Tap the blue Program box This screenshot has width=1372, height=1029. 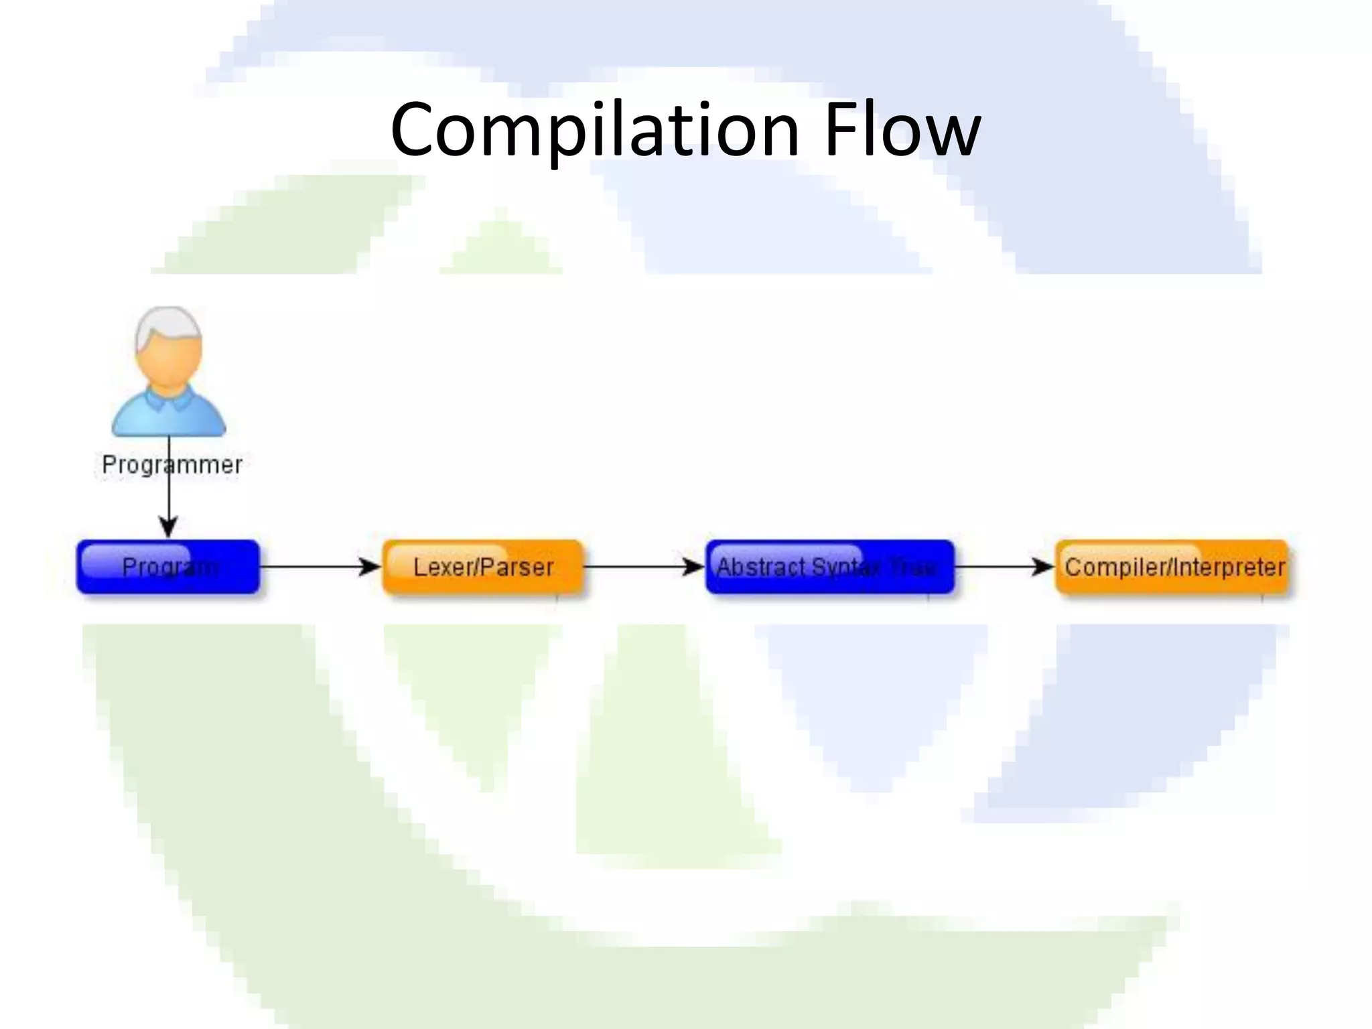168,567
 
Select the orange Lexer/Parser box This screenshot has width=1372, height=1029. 482,567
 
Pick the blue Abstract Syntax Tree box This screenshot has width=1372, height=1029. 829,567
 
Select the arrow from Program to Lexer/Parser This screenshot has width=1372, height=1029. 315,567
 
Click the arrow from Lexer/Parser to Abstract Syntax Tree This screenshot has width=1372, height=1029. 636,567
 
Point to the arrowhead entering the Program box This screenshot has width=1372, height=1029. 169,526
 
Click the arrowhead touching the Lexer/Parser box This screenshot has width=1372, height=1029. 370,567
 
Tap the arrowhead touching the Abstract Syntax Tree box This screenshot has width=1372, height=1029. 693,567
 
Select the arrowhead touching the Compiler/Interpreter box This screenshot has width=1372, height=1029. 1043,567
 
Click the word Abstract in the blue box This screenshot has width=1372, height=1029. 760,567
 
